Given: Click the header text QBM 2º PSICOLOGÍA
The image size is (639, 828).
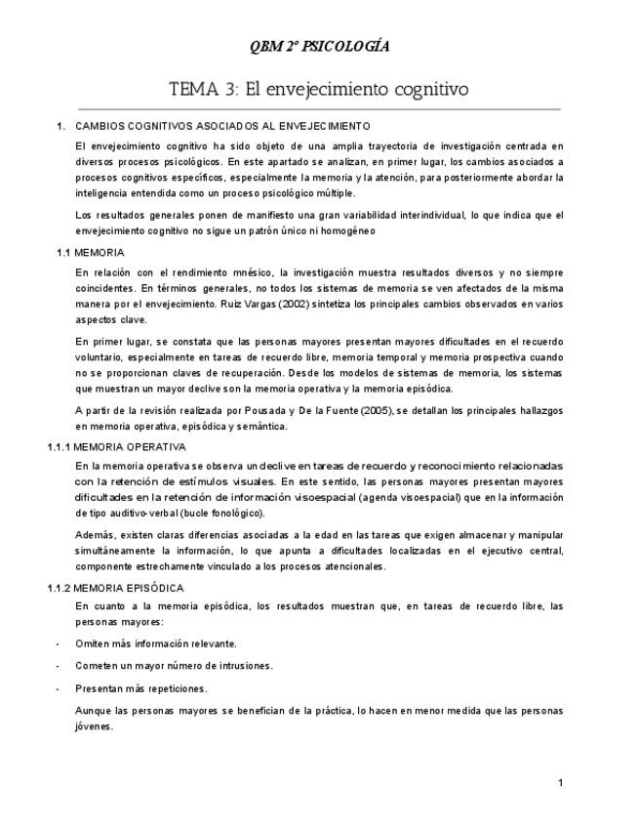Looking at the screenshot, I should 319,46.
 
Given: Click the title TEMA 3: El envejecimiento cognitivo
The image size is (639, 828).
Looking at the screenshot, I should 319,89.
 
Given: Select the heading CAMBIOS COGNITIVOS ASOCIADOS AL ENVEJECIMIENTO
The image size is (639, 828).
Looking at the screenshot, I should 222,126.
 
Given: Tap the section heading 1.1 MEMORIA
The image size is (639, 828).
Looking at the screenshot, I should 91,252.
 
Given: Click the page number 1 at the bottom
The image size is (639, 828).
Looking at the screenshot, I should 560,782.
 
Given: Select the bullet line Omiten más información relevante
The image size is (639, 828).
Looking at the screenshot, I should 156,643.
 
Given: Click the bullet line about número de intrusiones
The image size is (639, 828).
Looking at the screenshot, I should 174,666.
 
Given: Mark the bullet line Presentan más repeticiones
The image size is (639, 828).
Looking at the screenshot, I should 141,688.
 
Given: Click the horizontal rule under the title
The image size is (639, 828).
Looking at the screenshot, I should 319,108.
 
